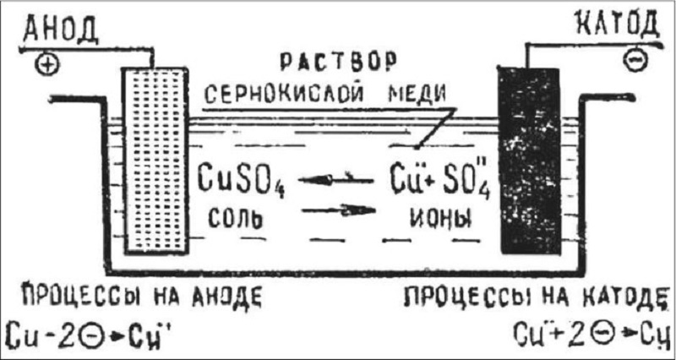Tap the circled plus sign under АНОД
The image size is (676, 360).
coord(49,64)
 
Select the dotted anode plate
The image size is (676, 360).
coord(155,161)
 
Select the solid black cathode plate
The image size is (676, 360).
coord(530,161)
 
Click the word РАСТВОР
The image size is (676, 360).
coord(338,62)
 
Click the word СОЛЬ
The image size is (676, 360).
coord(236,218)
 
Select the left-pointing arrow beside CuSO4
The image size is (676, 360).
coord(335,179)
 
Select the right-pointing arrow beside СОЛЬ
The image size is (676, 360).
coord(339,210)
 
